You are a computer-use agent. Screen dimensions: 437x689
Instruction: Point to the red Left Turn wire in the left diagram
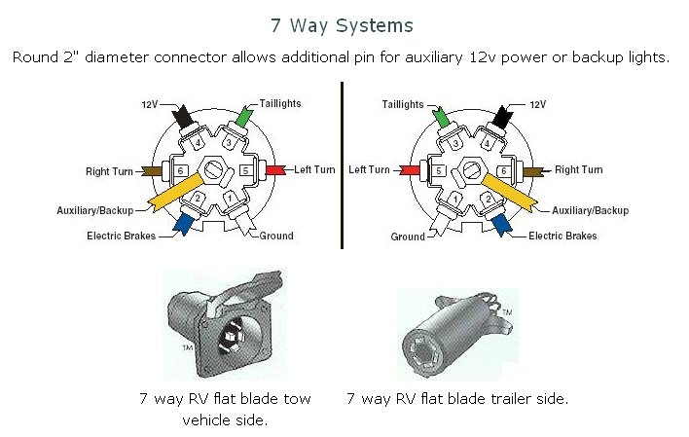[x=275, y=169]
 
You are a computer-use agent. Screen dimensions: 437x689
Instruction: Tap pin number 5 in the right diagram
[x=440, y=170]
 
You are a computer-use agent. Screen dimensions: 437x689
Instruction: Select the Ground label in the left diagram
[x=275, y=236]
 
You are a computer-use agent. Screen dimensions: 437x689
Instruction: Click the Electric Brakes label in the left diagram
[x=121, y=236]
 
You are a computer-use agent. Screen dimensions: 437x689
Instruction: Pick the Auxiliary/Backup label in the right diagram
[x=590, y=210]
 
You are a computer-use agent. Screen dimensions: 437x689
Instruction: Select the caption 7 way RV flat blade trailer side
[x=457, y=399]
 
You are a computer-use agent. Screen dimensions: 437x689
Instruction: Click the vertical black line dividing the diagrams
[x=343, y=165]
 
